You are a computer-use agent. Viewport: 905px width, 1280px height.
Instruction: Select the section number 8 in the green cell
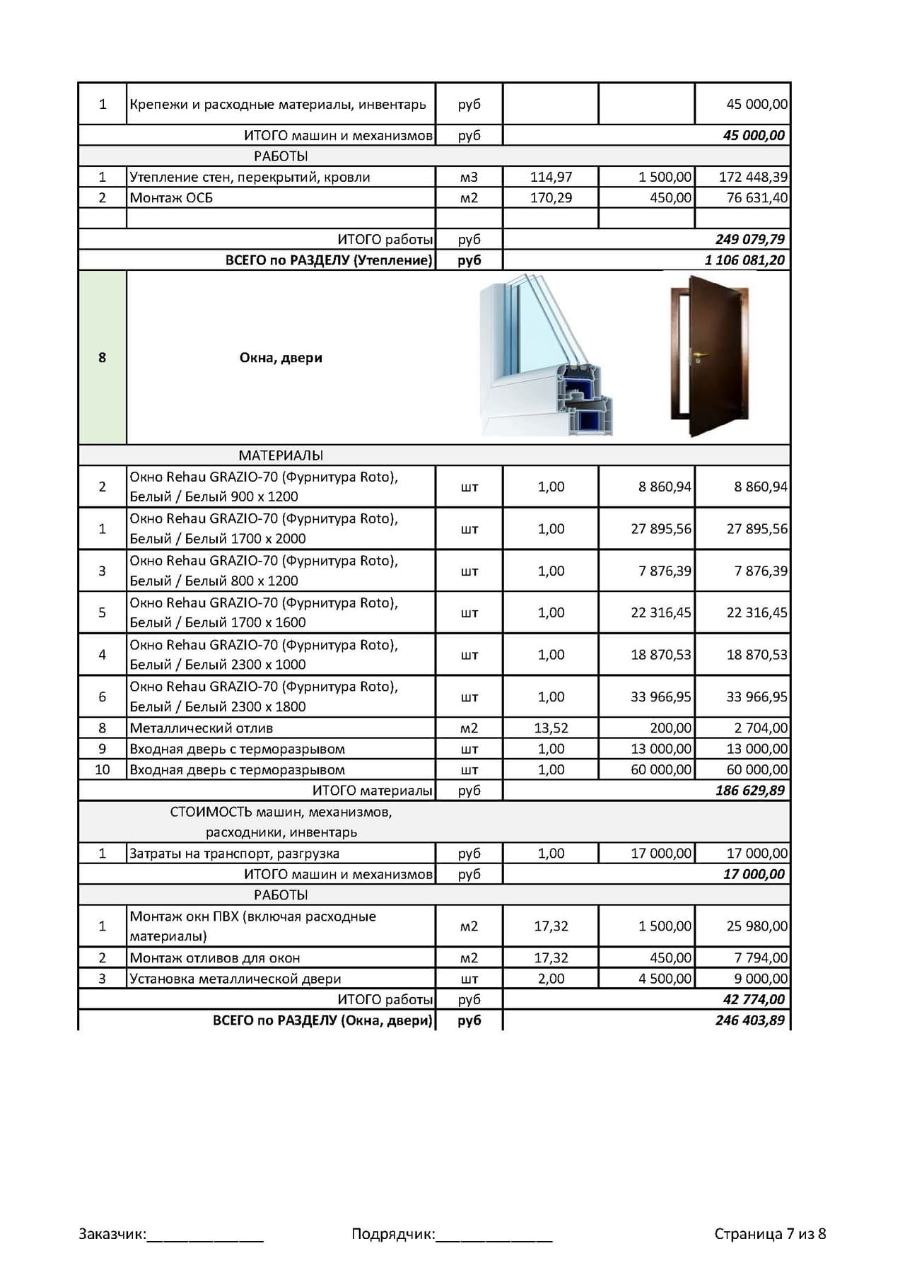click(102, 357)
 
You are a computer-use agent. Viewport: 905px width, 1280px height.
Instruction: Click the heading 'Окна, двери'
click(281, 357)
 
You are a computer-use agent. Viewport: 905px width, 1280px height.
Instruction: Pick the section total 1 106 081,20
click(745, 260)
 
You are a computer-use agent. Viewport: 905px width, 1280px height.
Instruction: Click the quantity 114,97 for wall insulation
click(551, 177)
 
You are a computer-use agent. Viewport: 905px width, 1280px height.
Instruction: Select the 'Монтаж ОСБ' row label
click(171, 198)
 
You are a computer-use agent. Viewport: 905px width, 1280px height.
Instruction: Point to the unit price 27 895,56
click(660, 528)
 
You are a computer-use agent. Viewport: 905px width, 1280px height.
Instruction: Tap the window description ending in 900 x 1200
click(263, 487)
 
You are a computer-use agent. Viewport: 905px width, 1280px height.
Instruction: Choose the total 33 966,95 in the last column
click(757, 697)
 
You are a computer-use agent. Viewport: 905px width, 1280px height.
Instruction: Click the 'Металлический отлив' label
click(201, 728)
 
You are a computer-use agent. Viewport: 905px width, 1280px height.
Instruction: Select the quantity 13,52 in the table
click(551, 728)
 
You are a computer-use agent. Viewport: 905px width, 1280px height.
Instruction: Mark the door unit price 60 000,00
click(660, 769)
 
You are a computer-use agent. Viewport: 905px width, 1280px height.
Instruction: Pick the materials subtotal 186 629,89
click(749, 790)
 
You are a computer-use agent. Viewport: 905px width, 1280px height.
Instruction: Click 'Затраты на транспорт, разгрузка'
click(234, 853)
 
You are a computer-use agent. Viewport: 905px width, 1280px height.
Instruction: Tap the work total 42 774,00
click(754, 999)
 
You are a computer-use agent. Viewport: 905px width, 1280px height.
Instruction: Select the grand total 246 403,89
click(749, 1020)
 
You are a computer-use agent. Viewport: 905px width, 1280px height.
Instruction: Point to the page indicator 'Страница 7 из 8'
click(769, 1234)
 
